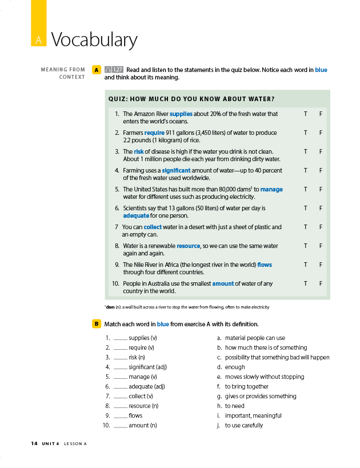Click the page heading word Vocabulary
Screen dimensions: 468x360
pyautogui.click(x=94, y=40)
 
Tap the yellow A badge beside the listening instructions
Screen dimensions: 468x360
pyautogui.click(x=97, y=70)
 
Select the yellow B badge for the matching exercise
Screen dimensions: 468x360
pyautogui.click(x=97, y=324)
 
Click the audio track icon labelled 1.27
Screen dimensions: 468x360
pyautogui.click(x=114, y=70)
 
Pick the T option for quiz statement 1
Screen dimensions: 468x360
pyautogui.click(x=306, y=114)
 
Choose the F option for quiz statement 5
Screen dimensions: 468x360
pyautogui.click(x=321, y=189)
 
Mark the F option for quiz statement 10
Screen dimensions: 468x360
pyautogui.click(x=321, y=283)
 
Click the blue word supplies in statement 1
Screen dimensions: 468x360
pyautogui.click(x=181, y=114)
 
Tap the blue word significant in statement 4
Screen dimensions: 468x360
pyautogui.click(x=176, y=170)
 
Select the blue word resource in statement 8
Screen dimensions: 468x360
pyautogui.click(x=189, y=246)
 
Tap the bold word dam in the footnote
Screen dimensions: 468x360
pyautogui.click(x=110, y=307)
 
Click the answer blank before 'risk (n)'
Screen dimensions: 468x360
pyautogui.click(x=120, y=357)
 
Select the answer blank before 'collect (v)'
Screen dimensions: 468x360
pyautogui.click(x=120, y=396)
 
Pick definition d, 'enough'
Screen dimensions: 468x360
pyautogui.click(x=234, y=367)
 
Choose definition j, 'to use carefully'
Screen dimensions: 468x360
pyautogui.click(x=243, y=425)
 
